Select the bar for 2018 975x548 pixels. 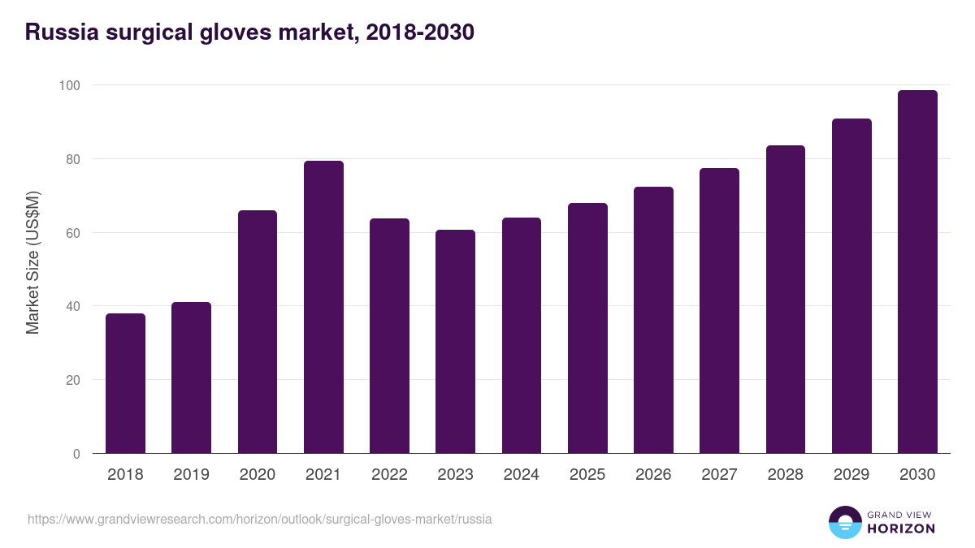(125, 383)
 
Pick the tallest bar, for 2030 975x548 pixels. (917, 272)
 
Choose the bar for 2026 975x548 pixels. (653, 320)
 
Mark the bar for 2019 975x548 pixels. (191, 378)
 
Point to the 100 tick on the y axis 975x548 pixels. (70, 85)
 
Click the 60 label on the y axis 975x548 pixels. (73, 233)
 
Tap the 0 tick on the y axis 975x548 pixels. (76, 454)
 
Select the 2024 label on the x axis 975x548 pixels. (521, 475)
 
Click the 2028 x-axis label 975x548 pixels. (785, 475)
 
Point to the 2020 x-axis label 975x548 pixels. (257, 475)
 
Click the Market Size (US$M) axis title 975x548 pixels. (32, 262)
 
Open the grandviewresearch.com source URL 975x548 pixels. (259, 519)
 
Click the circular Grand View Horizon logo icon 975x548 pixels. (844, 522)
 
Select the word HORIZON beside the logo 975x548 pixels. (901, 529)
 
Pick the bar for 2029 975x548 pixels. (851, 286)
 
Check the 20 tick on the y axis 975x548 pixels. (73, 380)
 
